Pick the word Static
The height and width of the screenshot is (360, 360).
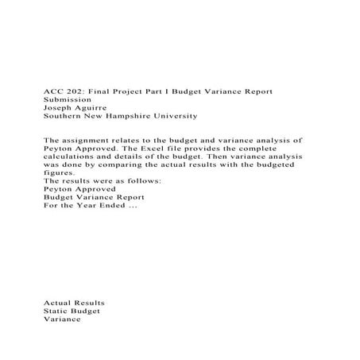(x=56, y=312)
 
